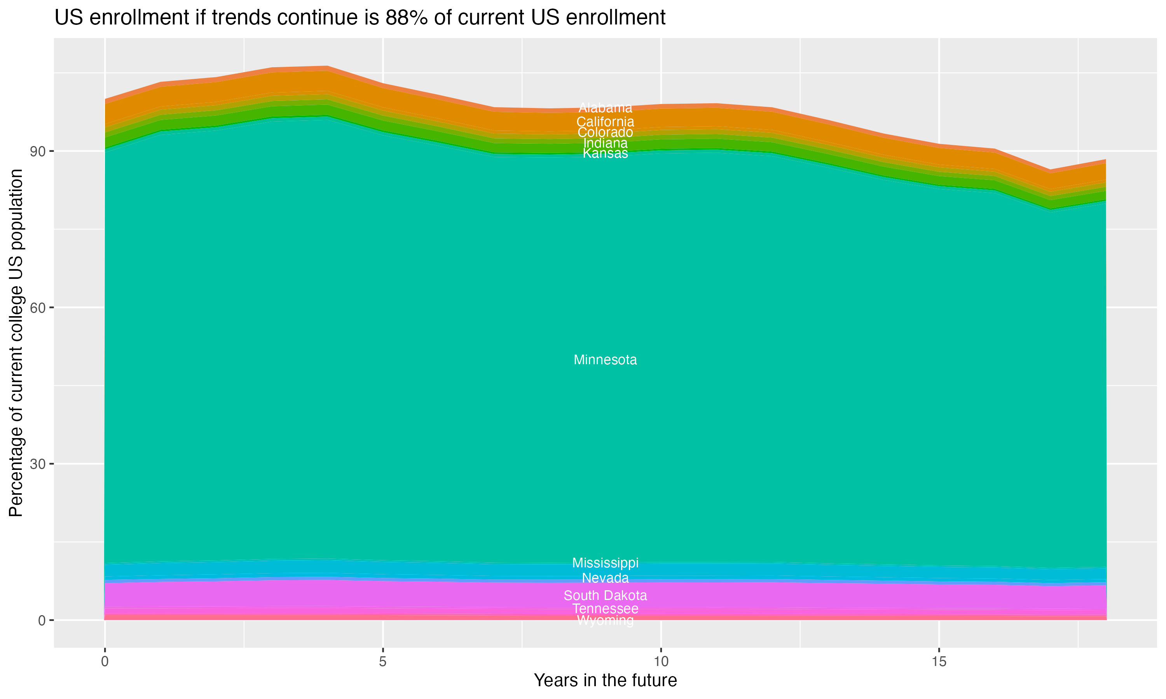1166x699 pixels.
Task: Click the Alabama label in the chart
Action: (x=605, y=108)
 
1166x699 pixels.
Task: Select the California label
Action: (x=605, y=122)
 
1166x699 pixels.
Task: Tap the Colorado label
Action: (x=605, y=132)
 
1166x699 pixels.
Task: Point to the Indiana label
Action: (x=605, y=143)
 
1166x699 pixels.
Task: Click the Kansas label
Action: (x=605, y=153)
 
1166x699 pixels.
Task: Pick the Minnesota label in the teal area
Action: (x=605, y=360)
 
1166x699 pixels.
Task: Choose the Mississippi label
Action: (x=605, y=563)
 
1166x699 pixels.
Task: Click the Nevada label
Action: (x=605, y=578)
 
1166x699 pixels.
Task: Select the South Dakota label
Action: (x=605, y=596)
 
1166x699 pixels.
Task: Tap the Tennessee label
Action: (x=605, y=609)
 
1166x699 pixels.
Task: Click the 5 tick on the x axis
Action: (x=383, y=662)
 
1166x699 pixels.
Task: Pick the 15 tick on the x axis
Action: (x=939, y=662)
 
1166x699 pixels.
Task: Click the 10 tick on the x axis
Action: (x=661, y=662)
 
